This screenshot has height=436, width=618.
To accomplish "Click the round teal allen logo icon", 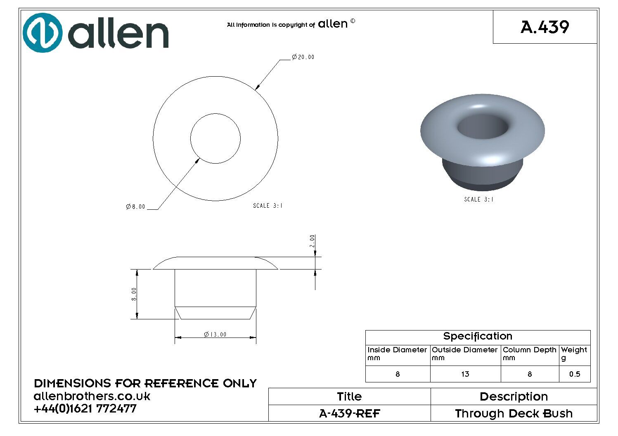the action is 43,33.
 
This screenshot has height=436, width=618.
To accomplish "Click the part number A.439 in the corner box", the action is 545,27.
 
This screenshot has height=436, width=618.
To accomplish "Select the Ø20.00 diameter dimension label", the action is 303,57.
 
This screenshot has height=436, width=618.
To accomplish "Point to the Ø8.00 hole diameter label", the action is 135,206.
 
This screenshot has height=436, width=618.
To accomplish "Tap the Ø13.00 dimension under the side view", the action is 215,334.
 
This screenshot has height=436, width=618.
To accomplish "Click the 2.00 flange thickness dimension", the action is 312,241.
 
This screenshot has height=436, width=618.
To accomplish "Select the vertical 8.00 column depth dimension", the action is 134,294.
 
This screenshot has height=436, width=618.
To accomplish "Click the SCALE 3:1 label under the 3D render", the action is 479,199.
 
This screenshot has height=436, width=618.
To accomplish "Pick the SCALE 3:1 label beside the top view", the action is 268,206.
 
